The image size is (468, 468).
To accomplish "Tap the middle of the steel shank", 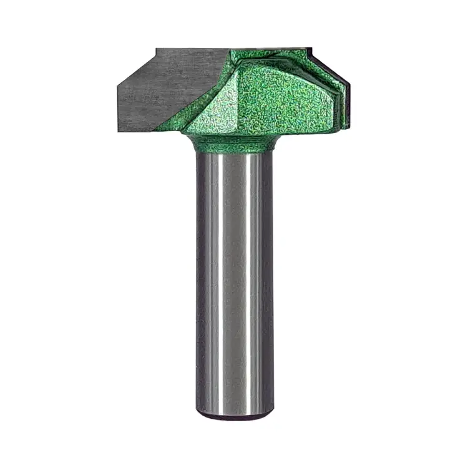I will (x=234, y=281).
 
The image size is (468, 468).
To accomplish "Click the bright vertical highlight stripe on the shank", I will (x=225, y=281).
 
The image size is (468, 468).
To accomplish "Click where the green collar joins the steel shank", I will (x=234, y=152).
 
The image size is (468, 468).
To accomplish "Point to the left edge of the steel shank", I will (x=198, y=281).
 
